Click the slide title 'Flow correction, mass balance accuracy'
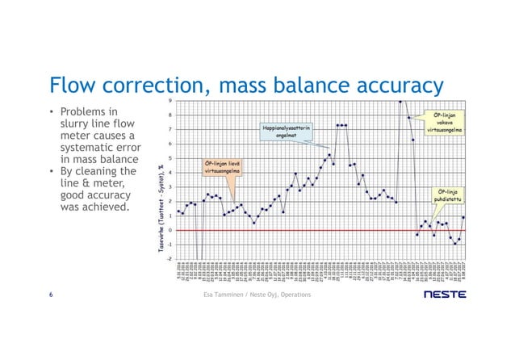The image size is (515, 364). click(246, 85)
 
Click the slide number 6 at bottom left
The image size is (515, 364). click(52, 295)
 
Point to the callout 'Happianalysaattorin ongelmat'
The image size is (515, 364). click(286, 132)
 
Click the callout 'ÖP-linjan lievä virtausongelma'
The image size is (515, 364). click(220, 169)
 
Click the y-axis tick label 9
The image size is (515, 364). click(168, 101)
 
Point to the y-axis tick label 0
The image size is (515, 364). click(168, 230)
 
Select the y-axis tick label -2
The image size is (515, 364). click(167, 259)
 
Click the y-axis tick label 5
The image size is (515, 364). click(168, 158)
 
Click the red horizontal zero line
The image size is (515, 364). click(323, 230)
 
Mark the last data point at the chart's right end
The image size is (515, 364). click(463, 217)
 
